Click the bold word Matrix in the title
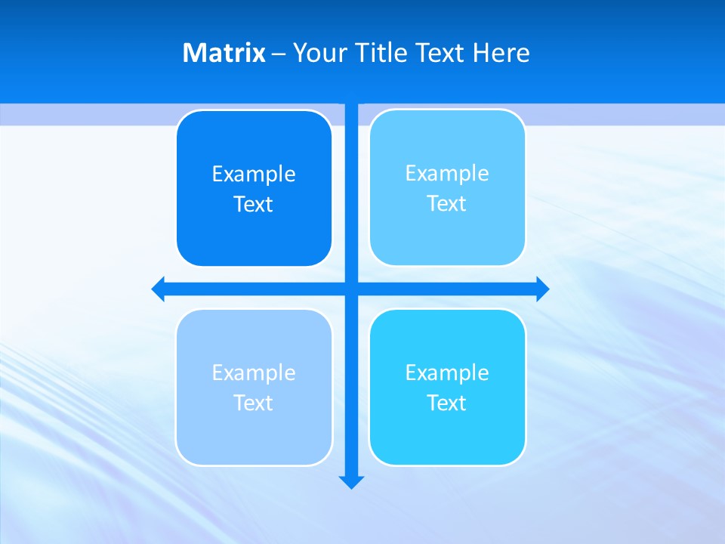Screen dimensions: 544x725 224,53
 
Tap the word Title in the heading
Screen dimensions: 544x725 381,53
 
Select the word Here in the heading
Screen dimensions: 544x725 501,53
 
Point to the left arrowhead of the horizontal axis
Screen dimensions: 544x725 159,289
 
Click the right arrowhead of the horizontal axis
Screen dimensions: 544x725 542,289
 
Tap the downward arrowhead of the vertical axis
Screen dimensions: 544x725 351,481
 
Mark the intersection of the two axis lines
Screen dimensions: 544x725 351,289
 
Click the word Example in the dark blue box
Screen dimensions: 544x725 254,175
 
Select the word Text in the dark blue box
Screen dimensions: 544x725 254,204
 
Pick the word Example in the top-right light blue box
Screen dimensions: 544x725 447,174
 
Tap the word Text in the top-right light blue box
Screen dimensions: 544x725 447,203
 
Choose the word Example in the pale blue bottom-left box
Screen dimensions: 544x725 254,372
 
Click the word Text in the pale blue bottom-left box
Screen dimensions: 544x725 254,403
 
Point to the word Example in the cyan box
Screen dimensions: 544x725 447,372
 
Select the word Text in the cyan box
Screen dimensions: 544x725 447,403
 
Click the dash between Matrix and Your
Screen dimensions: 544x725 279,54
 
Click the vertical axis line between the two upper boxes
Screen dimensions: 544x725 351,189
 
